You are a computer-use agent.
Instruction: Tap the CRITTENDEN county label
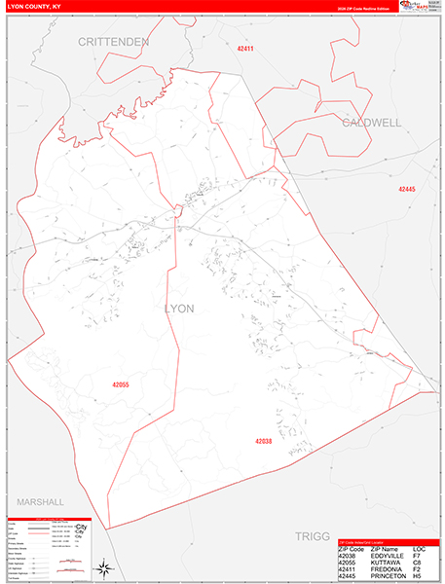[x=114, y=43]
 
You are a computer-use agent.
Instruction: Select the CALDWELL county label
[x=371, y=124]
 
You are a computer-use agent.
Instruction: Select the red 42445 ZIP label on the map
[x=406, y=189]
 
